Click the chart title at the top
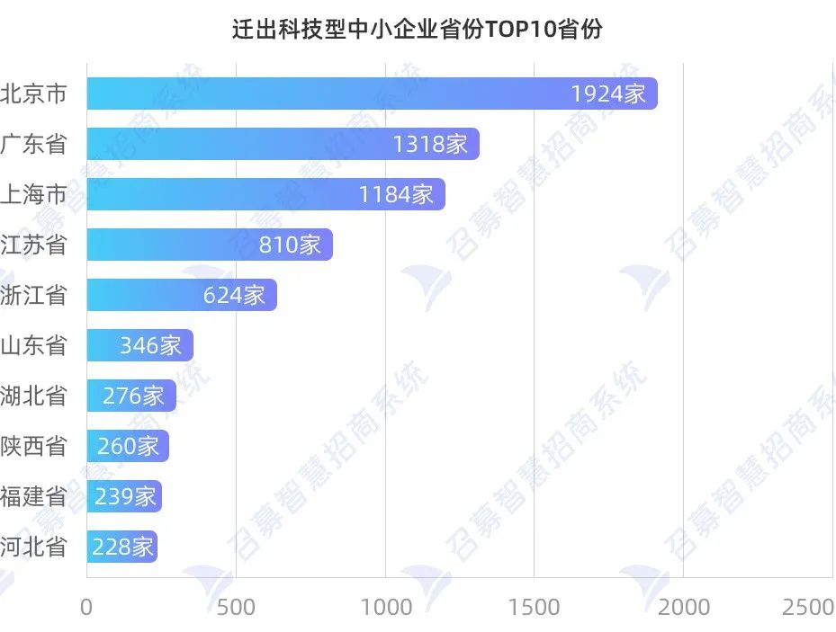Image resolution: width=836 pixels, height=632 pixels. click(x=418, y=30)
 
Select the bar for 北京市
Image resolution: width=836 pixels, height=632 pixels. click(x=372, y=93)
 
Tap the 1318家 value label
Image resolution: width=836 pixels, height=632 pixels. click(x=430, y=144)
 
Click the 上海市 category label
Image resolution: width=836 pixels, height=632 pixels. click(x=34, y=194)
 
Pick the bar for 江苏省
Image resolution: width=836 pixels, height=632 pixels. click(x=210, y=245)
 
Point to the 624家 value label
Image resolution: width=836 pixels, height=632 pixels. click(x=234, y=295)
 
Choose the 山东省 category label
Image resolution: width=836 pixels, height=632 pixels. click(x=34, y=345)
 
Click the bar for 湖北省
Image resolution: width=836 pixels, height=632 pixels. click(x=131, y=396)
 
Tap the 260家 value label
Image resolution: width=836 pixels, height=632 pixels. click(x=128, y=446)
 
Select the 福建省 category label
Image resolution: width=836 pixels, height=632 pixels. click(x=34, y=496)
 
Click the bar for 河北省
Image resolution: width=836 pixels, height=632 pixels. click(x=122, y=547)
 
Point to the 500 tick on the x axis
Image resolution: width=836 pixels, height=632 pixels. click(x=236, y=608)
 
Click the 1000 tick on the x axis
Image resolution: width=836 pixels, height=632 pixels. click(x=385, y=608)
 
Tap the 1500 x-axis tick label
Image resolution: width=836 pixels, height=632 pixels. click(x=535, y=608)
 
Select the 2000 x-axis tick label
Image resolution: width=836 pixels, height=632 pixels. click(x=684, y=608)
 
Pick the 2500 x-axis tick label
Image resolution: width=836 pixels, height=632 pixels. click(x=809, y=608)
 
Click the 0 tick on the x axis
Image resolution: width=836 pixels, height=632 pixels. click(x=86, y=608)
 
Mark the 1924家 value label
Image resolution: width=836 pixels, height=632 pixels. click(x=608, y=93)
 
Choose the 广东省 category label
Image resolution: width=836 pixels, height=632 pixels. click(x=34, y=144)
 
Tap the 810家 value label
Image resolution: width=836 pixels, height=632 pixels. click(x=290, y=245)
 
